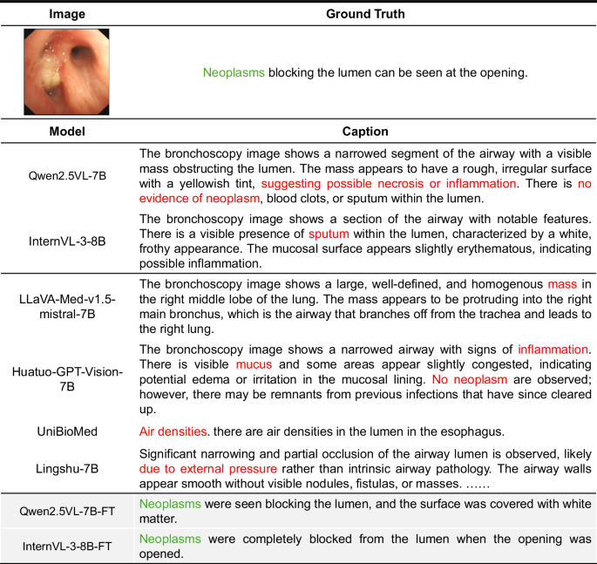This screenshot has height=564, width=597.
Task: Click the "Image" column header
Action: tap(67, 14)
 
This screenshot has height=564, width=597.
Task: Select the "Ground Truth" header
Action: tap(365, 14)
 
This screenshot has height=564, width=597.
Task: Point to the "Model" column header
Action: tap(67, 132)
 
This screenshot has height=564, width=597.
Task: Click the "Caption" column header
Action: tap(365, 132)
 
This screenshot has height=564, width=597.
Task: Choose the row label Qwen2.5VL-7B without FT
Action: tap(67, 175)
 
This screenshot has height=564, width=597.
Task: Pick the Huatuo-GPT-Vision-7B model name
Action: tap(67, 381)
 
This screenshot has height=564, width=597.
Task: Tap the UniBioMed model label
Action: tap(67, 431)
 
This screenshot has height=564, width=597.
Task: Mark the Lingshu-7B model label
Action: tap(67, 469)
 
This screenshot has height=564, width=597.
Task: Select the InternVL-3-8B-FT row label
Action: tap(67, 547)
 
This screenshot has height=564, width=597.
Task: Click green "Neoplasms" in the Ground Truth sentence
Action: tap(234, 72)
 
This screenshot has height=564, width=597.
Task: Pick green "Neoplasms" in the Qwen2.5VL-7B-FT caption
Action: tap(170, 504)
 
